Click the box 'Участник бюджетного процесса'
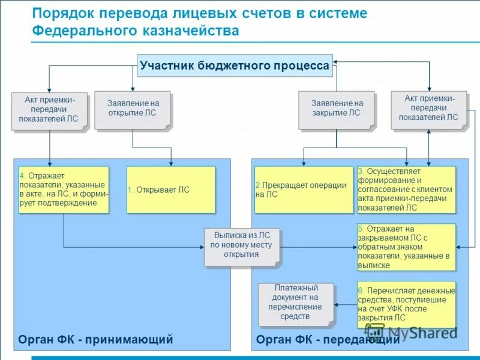235,66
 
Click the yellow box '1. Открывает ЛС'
170,190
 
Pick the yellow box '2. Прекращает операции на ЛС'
304,190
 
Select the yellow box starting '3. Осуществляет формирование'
406,190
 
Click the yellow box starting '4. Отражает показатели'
64,190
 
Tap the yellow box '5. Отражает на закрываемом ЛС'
406,247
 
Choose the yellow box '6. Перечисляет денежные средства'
406,304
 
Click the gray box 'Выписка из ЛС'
241,245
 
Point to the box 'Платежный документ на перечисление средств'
295,304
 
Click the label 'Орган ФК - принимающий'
96,340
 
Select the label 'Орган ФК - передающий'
328,340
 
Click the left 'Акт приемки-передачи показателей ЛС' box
49,109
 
